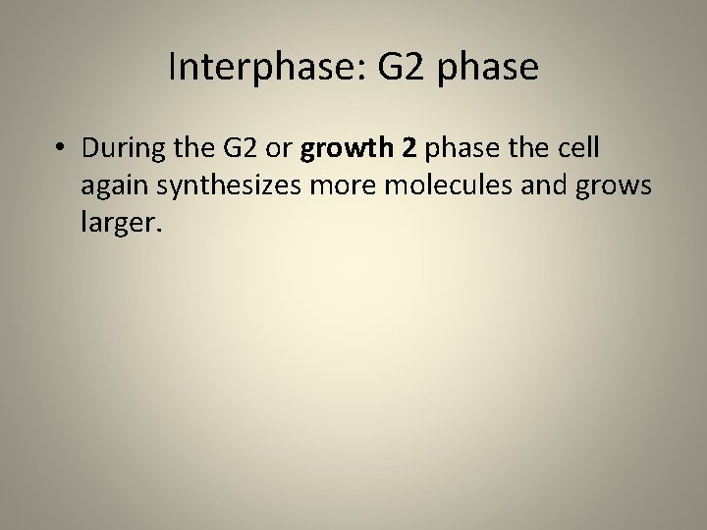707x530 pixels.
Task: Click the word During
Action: (124, 153)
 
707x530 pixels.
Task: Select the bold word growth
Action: (344, 153)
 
